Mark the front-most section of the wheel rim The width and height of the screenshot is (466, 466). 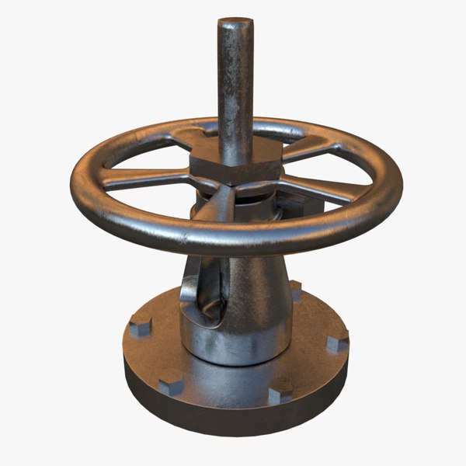click(233, 242)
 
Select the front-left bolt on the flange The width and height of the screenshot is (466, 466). click(171, 384)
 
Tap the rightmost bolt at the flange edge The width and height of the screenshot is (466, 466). click(338, 342)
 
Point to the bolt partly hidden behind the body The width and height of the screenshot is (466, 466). click(295, 291)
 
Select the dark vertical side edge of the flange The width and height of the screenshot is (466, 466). click(233, 419)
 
